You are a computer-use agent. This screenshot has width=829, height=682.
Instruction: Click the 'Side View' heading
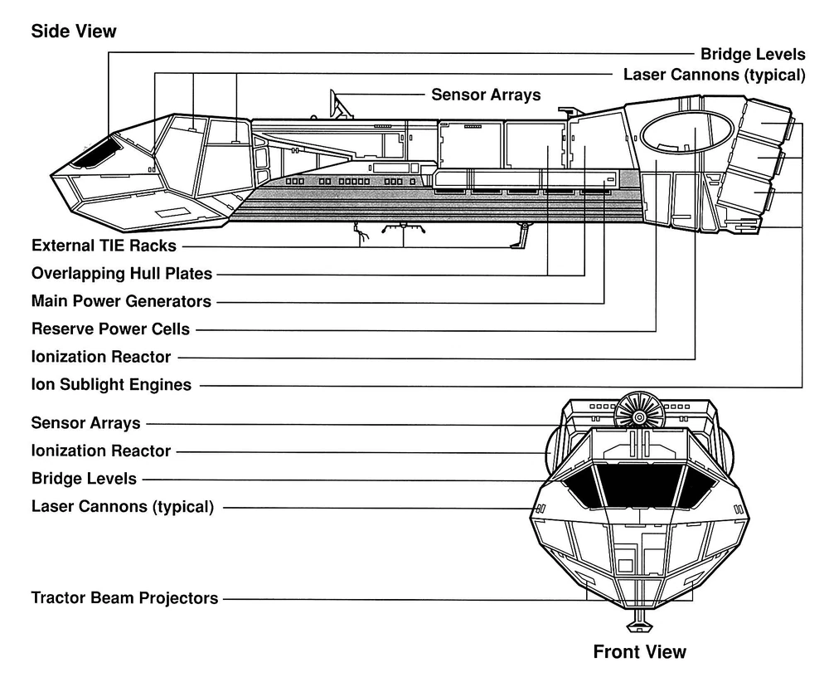tap(74, 32)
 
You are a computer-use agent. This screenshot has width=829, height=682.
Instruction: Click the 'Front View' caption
tap(639, 651)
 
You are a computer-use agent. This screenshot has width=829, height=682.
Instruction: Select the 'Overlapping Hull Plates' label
tap(122, 273)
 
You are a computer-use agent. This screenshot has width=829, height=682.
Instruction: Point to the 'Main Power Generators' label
tap(121, 300)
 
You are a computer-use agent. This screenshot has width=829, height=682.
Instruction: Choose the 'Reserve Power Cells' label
tap(110, 329)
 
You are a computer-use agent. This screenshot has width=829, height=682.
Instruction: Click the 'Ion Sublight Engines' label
tap(111, 384)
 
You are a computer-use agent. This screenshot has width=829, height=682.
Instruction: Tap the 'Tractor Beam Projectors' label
tap(124, 597)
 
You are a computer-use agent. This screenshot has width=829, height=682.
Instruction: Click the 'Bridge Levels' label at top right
tap(753, 55)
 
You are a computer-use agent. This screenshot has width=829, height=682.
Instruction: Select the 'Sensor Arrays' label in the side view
tap(486, 95)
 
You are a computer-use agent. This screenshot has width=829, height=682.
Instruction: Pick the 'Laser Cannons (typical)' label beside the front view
tap(122, 506)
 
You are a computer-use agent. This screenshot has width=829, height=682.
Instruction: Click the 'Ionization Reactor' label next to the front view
tap(101, 451)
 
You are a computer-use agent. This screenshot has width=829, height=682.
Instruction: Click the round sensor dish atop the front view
tap(640, 413)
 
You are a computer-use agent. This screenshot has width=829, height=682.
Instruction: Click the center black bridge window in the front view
tap(638, 485)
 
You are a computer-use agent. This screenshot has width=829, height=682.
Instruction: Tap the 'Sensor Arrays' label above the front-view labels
tap(86, 423)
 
